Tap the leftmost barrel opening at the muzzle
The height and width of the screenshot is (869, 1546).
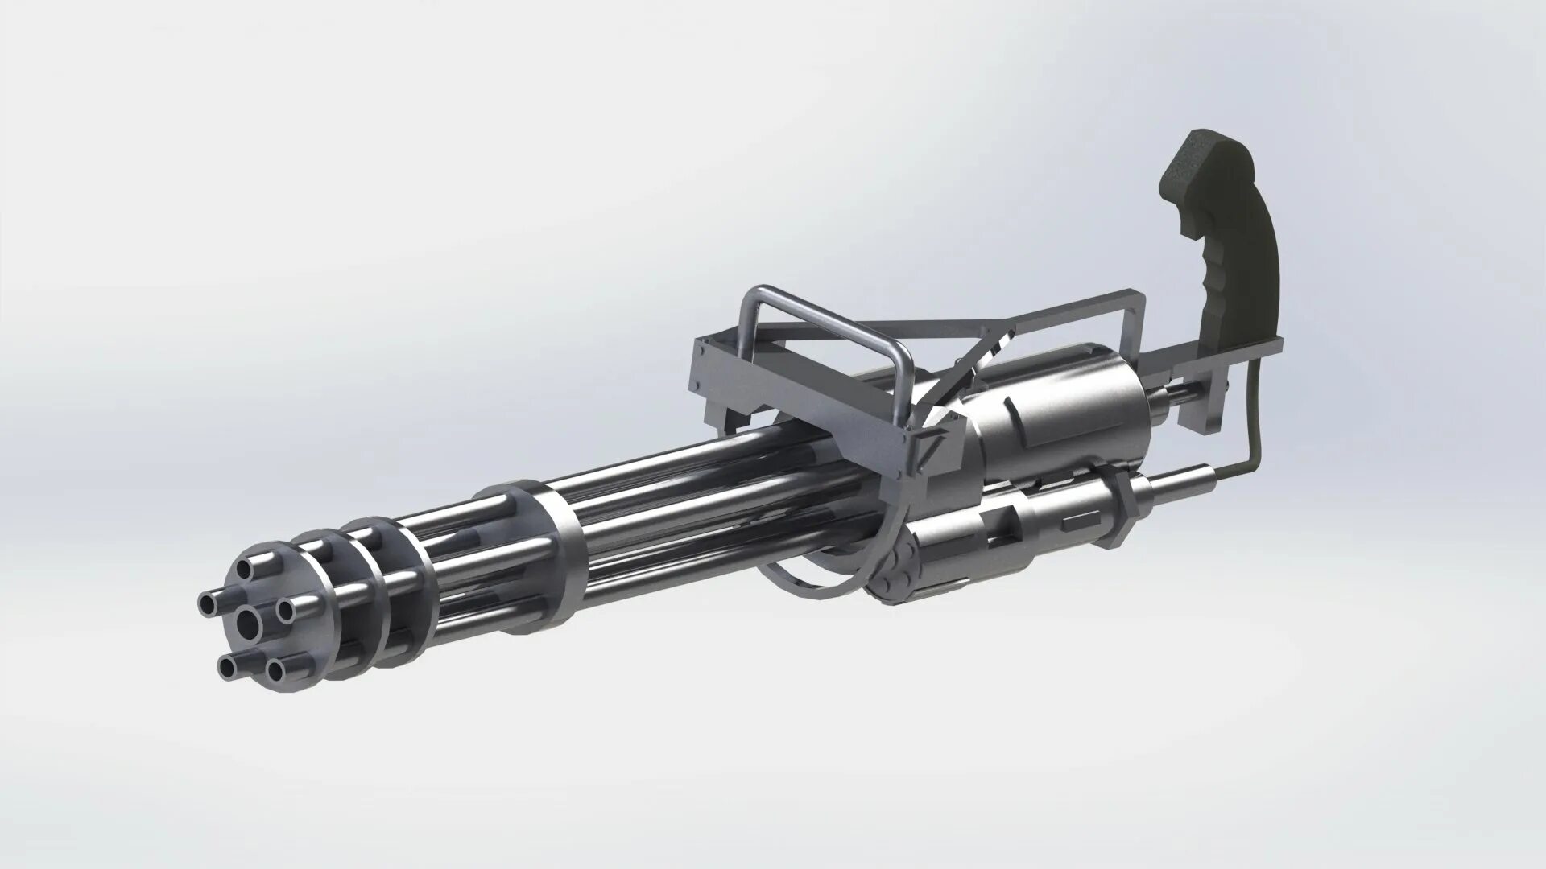[211, 602]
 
